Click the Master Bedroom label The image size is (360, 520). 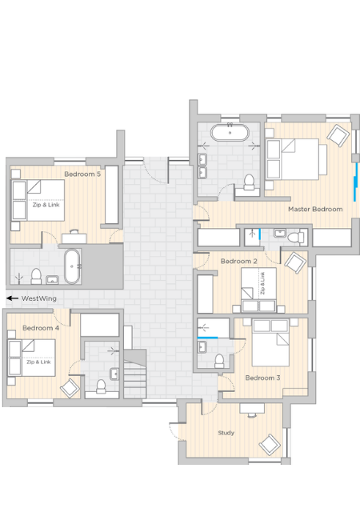click(x=315, y=210)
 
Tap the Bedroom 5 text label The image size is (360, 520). click(x=82, y=174)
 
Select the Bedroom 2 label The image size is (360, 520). click(x=238, y=262)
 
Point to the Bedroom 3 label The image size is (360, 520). click(x=262, y=378)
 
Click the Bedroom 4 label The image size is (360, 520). click(x=41, y=328)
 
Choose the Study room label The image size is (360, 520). click(x=226, y=433)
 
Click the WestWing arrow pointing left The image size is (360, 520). click(x=12, y=298)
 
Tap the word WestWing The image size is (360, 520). click(x=38, y=298)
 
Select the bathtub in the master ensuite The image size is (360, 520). click(x=230, y=133)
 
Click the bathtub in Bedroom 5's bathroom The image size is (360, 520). click(x=72, y=266)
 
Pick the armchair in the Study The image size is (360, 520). click(x=270, y=444)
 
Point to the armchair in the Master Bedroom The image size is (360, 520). click(x=338, y=135)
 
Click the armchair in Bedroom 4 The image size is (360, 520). click(x=70, y=388)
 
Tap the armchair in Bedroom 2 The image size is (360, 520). click(x=295, y=263)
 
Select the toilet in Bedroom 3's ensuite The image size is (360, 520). click(x=219, y=361)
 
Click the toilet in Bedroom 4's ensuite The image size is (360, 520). click(x=101, y=386)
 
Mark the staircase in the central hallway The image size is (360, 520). click(x=135, y=374)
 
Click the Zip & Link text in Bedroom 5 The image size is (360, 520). click(x=46, y=205)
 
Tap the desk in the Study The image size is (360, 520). click(x=252, y=408)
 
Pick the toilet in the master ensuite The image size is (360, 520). click(x=249, y=182)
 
